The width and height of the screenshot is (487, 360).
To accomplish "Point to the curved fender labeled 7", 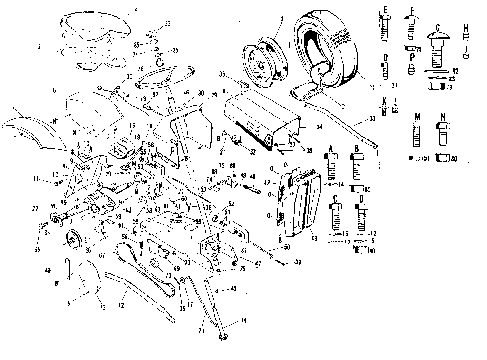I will coord(29,125).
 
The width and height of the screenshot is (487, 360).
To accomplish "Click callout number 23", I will coord(167,23).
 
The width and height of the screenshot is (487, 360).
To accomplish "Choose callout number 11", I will coord(49,179).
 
